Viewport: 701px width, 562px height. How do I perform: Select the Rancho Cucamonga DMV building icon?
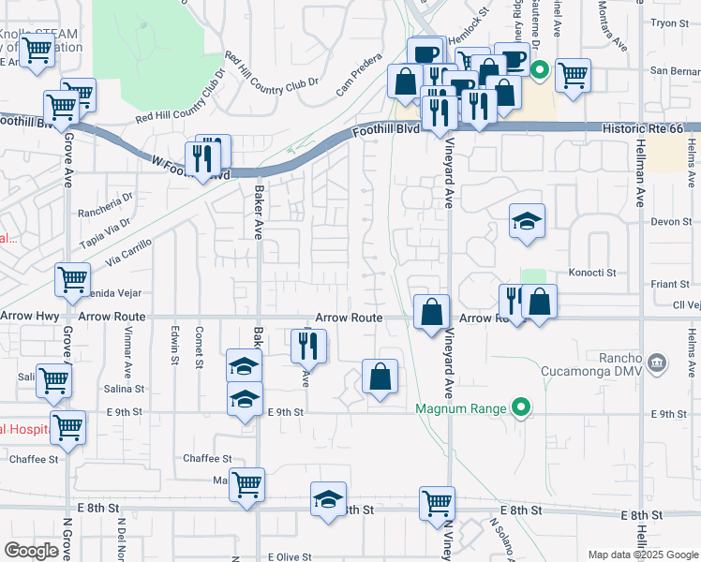tap(657, 362)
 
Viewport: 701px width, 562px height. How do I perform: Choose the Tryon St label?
tap(669, 22)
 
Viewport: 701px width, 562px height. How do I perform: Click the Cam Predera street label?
tap(359, 78)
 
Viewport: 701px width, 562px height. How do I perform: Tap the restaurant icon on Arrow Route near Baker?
tap(306, 347)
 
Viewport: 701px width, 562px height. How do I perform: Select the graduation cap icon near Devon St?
tap(527, 222)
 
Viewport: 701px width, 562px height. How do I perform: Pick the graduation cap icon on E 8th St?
tap(328, 500)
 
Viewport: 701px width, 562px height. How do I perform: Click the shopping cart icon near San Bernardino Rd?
tap(573, 75)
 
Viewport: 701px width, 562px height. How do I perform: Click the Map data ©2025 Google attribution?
tap(642, 555)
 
